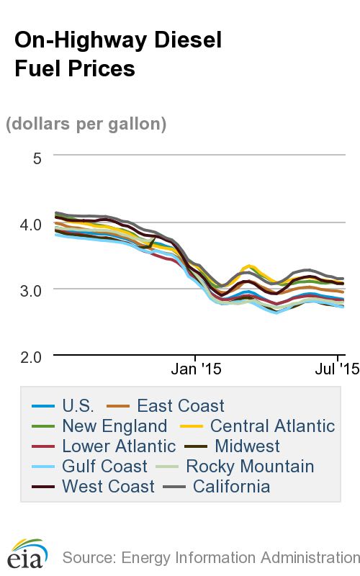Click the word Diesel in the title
(x=186, y=40)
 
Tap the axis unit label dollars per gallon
(x=86, y=124)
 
